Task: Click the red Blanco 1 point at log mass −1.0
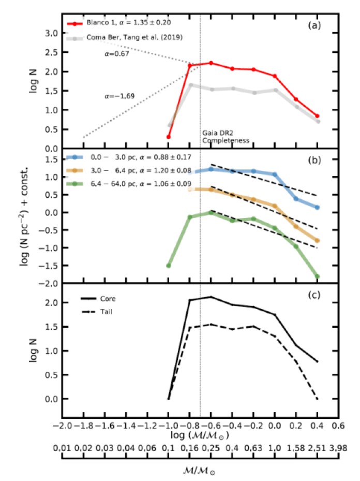pos(169,137)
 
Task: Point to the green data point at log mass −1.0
pos(169,266)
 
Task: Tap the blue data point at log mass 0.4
pos(317,207)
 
